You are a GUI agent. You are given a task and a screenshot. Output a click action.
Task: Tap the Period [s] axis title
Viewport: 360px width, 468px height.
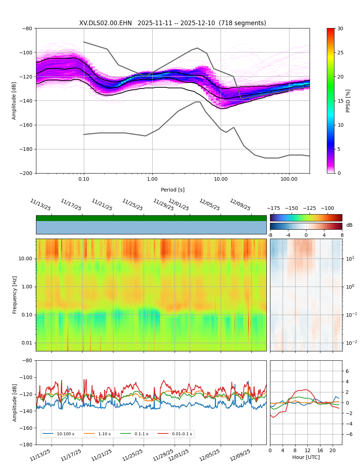pyautogui.click(x=173, y=190)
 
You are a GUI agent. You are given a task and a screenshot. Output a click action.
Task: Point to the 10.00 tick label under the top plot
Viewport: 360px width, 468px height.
pyautogui.click(x=221, y=179)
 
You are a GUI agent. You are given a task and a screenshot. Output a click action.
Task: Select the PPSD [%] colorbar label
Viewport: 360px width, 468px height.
pyautogui.click(x=348, y=101)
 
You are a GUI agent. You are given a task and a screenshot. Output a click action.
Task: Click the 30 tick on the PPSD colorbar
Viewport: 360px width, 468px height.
pyautogui.click(x=340, y=28)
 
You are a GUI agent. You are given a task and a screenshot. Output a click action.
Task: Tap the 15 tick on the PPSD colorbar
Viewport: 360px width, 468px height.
pyautogui.click(x=340, y=101)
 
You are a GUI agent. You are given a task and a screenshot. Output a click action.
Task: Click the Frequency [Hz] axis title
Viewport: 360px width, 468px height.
pyautogui.click(x=15, y=295)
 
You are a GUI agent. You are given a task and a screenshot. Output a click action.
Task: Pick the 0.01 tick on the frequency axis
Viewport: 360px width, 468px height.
pyautogui.click(x=27, y=343)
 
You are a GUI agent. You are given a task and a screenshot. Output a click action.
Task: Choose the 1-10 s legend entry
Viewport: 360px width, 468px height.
pyautogui.click(x=104, y=434)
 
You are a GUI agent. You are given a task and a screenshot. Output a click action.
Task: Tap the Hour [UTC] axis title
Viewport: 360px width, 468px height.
pyautogui.click(x=306, y=457)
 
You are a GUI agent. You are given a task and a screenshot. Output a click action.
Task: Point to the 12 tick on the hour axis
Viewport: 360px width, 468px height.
pyautogui.click(x=307, y=450)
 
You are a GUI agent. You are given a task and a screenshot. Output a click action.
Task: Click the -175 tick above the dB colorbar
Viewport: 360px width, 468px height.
pyautogui.click(x=274, y=208)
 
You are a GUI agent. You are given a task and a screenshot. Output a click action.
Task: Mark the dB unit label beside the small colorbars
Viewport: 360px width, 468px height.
pyautogui.click(x=349, y=225)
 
